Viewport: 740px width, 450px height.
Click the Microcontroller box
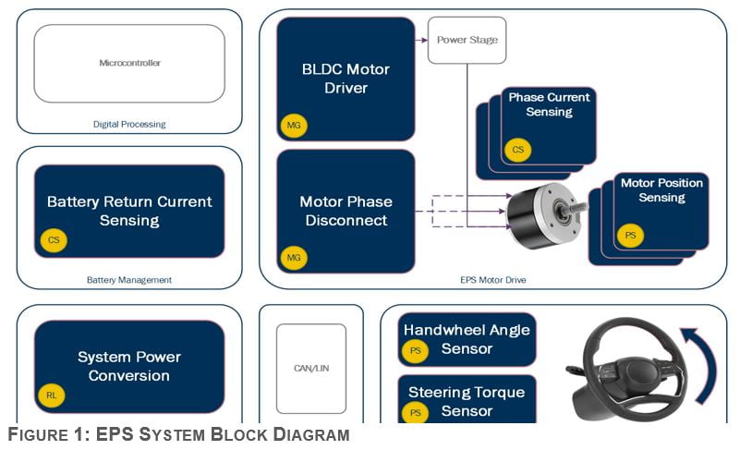129,63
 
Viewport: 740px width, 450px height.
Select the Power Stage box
467,40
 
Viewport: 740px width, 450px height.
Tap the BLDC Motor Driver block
346,79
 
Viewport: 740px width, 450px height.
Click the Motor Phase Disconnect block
346,211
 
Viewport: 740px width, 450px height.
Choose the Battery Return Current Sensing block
129,211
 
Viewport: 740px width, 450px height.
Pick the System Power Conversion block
129,366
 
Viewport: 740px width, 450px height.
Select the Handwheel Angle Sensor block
467,339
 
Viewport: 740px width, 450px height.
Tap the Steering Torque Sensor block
467,399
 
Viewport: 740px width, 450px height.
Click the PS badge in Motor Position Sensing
631,236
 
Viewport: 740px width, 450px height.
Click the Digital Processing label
129,124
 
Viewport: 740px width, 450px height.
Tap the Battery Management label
129,279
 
